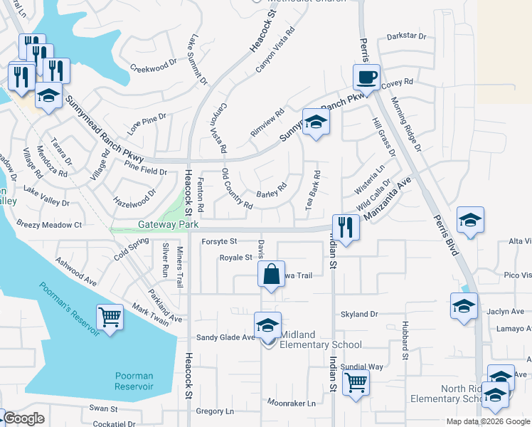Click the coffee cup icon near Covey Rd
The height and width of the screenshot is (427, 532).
pos(367,76)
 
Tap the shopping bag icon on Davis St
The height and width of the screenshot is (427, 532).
pos(271,274)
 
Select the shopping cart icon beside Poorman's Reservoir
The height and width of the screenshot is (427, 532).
pos(110,316)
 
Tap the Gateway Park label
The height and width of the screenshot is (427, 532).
pos(168,224)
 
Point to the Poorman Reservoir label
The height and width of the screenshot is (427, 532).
pos(134,381)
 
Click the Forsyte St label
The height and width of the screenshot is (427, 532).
pos(219,241)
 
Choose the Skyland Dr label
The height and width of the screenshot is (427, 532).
pos(359,314)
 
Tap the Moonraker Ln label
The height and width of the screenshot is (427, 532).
pos(292,403)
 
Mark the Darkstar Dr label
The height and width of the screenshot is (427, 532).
pos(406,36)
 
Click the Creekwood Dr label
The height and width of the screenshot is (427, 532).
pos(154,68)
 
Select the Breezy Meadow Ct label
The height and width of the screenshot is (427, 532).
pos(49,224)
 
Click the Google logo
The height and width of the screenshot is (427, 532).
pos(24,418)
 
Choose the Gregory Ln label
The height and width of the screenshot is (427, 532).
pos(214,411)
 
